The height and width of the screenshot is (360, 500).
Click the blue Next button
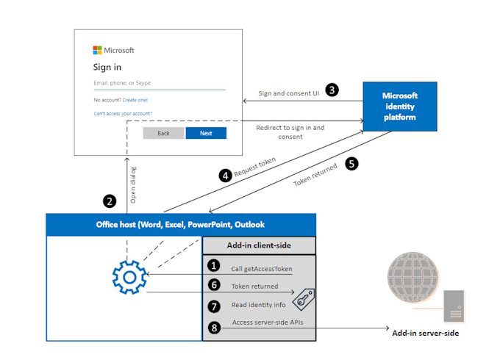tap(206, 133)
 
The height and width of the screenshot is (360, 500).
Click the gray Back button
tap(163, 133)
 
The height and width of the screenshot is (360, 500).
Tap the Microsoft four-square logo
tap(97, 51)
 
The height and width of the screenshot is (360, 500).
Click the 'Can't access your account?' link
tap(123, 113)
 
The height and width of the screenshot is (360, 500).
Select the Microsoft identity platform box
tap(400, 107)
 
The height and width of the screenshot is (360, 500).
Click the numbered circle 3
tap(332, 90)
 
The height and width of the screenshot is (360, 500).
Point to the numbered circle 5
tap(351, 164)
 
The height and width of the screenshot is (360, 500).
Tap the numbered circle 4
tap(226, 176)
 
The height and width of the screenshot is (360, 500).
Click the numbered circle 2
tap(110, 201)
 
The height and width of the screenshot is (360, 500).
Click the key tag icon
tap(304, 298)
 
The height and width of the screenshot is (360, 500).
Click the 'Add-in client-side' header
tap(259, 245)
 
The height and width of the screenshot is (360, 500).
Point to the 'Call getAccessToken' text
tap(261, 269)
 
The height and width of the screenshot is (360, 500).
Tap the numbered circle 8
tap(214, 328)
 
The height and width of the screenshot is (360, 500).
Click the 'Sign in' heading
tap(107, 67)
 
